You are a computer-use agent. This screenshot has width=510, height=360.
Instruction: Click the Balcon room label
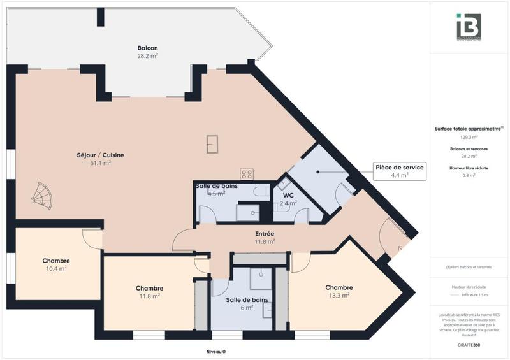[147, 48]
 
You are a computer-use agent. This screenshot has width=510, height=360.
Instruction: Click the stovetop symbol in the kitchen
[247, 174]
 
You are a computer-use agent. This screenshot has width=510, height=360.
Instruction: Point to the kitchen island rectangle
[212, 144]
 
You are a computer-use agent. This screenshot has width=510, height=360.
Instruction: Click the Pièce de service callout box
[400, 171]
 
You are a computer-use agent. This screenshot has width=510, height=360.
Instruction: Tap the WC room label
[288, 196]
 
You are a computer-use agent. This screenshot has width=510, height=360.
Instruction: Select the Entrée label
[265, 234]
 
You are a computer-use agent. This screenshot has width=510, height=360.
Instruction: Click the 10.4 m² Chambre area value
[56, 269]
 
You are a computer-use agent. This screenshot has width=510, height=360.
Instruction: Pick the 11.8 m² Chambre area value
[149, 296]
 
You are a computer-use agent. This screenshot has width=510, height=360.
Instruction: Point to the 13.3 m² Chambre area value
[339, 295]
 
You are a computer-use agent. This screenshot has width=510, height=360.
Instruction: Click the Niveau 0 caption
[215, 352]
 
